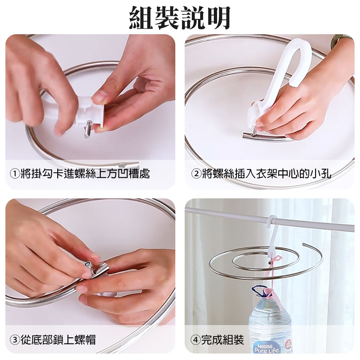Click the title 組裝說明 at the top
[x=180, y=18]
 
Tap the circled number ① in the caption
[x=15, y=174]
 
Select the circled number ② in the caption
[x=196, y=174]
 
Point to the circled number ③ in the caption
[x=15, y=339]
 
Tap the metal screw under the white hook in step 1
[x=87, y=130]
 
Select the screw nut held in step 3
[x=89, y=266]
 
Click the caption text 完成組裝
[x=222, y=340]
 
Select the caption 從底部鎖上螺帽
[x=58, y=340]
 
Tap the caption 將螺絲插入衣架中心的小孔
[x=266, y=174]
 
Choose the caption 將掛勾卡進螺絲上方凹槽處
[x=85, y=174]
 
